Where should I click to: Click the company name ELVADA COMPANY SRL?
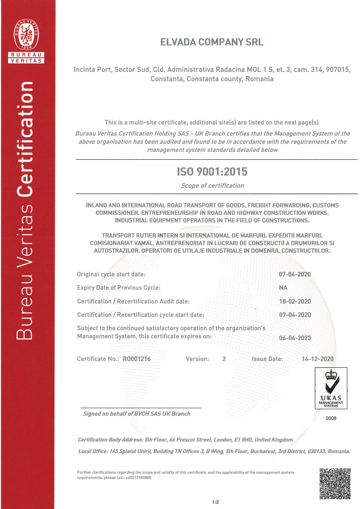pyautogui.click(x=212, y=42)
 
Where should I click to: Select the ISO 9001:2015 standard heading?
pyautogui.click(x=212, y=172)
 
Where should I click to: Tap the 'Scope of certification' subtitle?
pyautogui.click(x=212, y=185)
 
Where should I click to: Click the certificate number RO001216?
pyautogui.click(x=137, y=359)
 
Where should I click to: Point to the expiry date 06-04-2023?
pyautogui.click(x=295, y=337)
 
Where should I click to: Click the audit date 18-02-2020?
pyautogui.click(x=295, y=301)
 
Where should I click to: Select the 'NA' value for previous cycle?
pyautogui.click(x=283, y=288)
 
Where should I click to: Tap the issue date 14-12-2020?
pyautogui.click(x=318, y=359)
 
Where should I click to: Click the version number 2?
pyautogui.click(x=224, y=359)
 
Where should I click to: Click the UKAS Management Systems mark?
pyautogui.click(x=330, y=388)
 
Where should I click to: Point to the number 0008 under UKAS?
pyautogui.click(x=331, y=418)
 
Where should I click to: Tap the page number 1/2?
pyautogui.click(x=216, y=502)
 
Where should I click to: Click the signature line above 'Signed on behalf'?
pyautogui.click(x=141, y=408)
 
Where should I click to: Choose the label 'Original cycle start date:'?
pyautogui.click(x=111, y=274)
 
